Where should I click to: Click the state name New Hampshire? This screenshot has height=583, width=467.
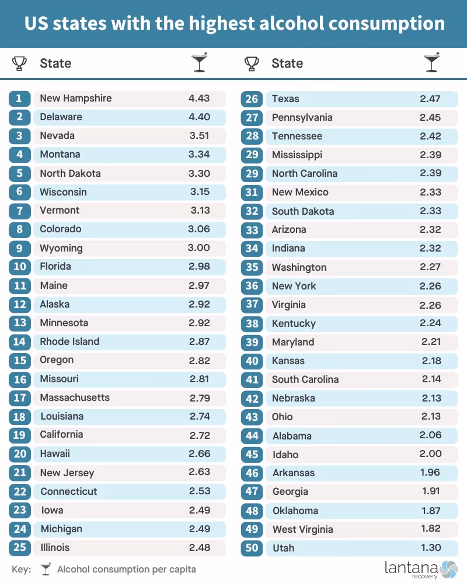[x=75, y=98]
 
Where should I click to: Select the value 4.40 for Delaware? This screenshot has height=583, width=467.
[x=199, y=117]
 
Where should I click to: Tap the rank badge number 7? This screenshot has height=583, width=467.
[x=20, y=211]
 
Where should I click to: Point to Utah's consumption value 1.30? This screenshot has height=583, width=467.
[x=431, y=547]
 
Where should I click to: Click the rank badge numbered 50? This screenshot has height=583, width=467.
[x=252, y=547]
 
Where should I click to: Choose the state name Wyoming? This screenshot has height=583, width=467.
[x=61, y=248]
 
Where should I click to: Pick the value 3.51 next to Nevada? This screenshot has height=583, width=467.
[x=199, y=135]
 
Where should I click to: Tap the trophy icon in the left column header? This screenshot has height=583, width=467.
[x=19, y=64]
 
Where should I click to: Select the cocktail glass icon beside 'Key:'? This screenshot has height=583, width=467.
[x=46, y=569]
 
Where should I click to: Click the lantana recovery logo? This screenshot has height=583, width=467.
[x=420, y=570]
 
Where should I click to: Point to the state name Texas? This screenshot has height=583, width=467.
[x=285, y=99]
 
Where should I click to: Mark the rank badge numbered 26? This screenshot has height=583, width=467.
[x=252, y=99]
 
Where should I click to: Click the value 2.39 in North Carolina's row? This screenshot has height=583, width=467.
[x=431, y=173]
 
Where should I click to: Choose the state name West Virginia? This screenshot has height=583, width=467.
[x=302, y=529]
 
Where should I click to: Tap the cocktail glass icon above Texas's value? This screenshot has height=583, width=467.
[x=431, y=62]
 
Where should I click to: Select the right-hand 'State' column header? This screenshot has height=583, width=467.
[x=287, y=63]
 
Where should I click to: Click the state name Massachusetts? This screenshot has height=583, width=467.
[x=75, y=397]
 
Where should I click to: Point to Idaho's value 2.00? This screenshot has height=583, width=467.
[x=431, y=453]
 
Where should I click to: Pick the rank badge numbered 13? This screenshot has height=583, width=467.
[x=20, y=323]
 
